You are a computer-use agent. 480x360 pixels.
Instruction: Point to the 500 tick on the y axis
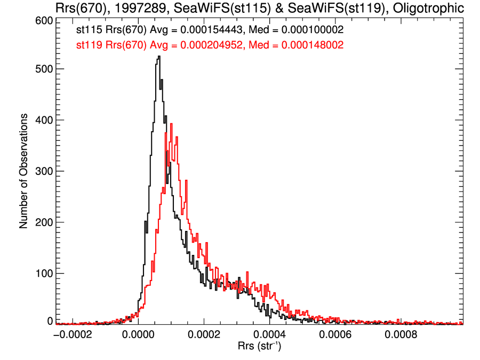tap(44, 69)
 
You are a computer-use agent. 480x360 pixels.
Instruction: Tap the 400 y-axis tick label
tap(44, 120)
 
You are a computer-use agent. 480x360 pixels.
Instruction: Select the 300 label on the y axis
tap(44, 171)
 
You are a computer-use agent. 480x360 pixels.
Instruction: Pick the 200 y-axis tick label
tap(44, 222)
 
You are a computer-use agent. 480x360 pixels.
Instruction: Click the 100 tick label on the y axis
tap(44, 273)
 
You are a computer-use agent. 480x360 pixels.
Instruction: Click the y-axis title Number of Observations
tap(23, 172)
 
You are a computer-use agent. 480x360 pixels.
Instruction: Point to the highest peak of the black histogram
tap(159, 57)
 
